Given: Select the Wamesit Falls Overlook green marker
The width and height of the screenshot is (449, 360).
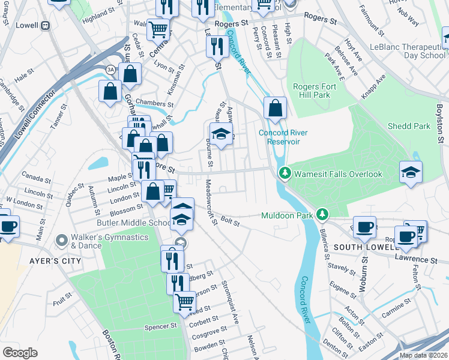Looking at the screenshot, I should click(x=285, y=174).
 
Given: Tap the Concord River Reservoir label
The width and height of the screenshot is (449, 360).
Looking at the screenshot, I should click(x=279, y=137).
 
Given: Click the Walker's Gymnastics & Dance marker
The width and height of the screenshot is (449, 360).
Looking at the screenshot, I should click(x=61, y=241).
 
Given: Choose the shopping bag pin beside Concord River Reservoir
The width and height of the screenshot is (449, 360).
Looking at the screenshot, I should click(x=275, y=109).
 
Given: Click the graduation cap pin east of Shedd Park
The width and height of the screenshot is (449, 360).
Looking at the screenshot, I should click(x=411, y=172).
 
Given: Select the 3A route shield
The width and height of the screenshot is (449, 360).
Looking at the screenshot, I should click(x=110, y=70).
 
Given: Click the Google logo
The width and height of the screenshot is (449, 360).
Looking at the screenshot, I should click(x=20, y=352).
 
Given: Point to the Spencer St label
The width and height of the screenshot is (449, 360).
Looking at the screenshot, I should click(x=160, y=327).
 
